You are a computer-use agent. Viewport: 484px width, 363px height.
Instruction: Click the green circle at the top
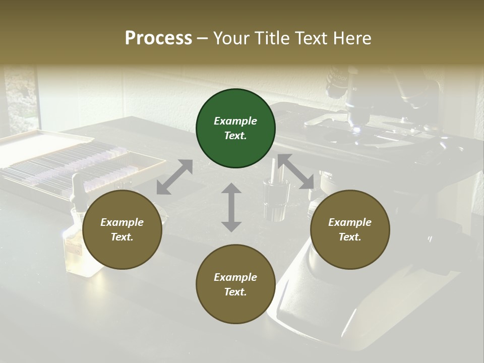coord(235,129)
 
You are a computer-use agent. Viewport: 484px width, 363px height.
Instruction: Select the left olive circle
coord(122,230)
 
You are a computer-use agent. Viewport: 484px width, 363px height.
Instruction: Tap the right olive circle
coord(350,230)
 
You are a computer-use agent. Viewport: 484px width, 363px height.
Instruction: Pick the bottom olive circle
coord(235,284)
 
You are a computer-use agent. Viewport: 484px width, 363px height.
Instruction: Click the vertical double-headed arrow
coord(231,207)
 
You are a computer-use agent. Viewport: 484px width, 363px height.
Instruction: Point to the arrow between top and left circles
coord(174,177)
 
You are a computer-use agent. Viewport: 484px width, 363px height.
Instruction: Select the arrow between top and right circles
coord(295,171)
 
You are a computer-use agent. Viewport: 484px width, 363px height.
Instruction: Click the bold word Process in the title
coord(158,38)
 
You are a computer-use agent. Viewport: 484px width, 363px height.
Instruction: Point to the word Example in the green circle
coord(235,121)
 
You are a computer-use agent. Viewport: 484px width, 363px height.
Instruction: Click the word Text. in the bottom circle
coord(235,292)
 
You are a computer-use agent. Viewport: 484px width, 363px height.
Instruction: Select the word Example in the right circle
coord(350,222)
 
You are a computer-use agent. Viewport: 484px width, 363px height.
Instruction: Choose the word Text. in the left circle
coord(122,237)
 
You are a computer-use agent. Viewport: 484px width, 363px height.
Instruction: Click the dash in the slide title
coord(203,38)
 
